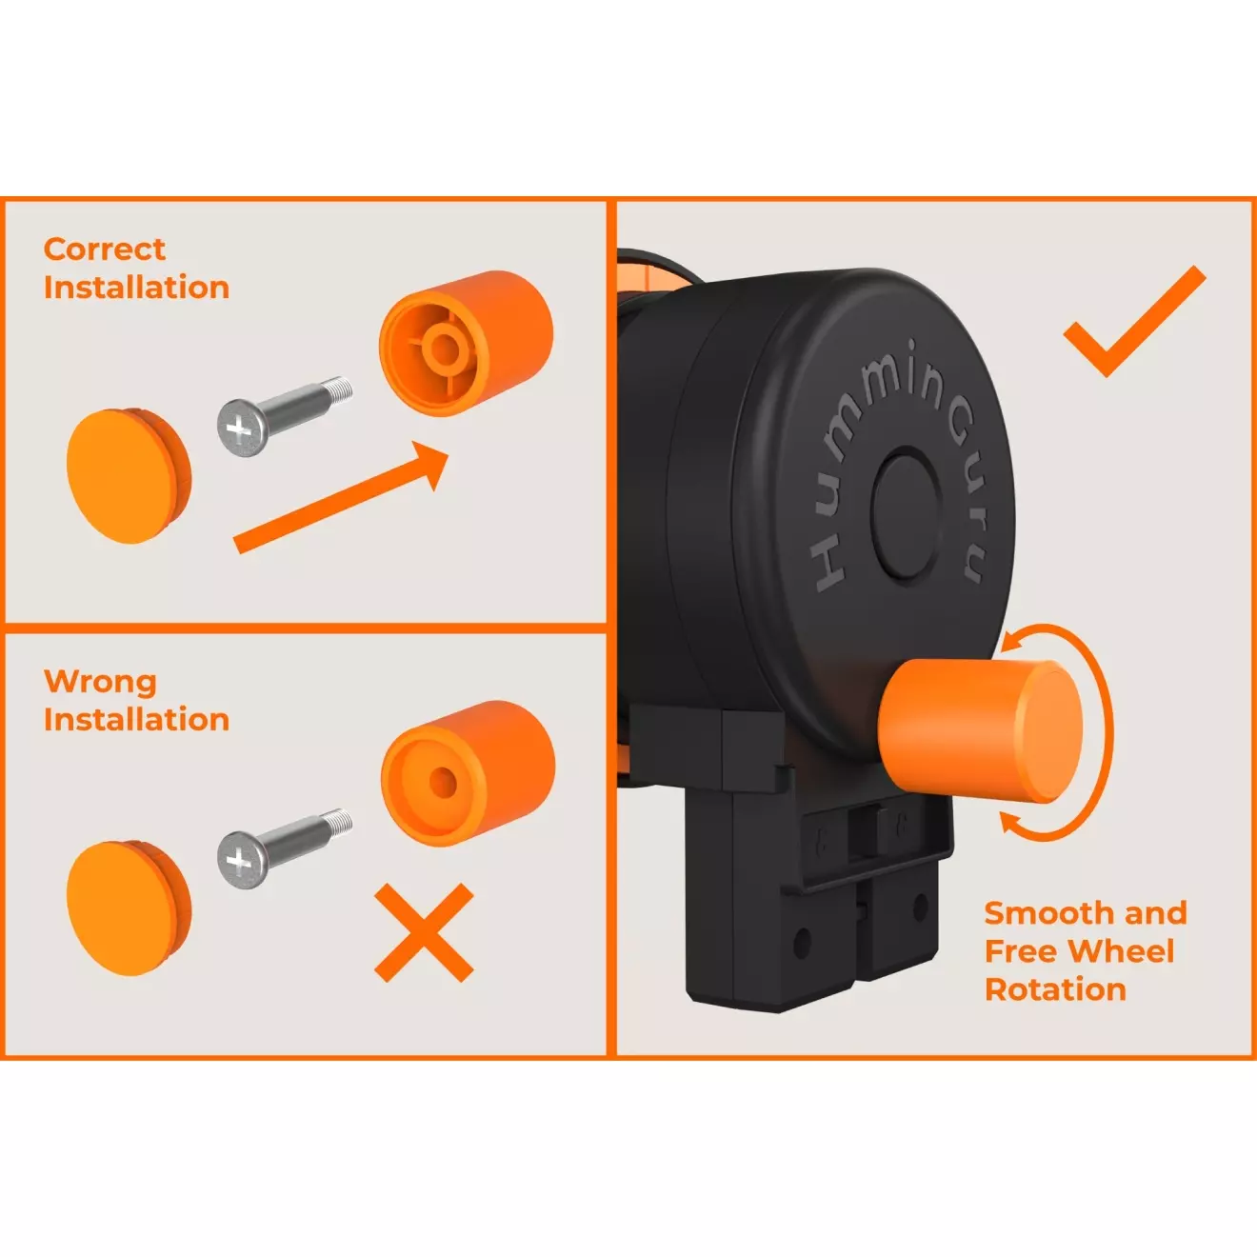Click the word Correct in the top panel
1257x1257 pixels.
pyautogui.click(x=105, y=249)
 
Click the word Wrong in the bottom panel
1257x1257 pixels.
pyautogui.click(x=100, y=682)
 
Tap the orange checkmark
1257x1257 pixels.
pyautogui.click(x=1134, y=321)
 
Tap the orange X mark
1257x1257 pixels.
pyautogui.click(x=424, y=932)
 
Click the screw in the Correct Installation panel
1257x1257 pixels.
pyautogui.click(x=285, y=415)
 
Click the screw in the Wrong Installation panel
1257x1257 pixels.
pyautogui.click(x=285, y=848)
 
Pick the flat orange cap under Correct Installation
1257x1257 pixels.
pyautogui.click(x=130, y=476)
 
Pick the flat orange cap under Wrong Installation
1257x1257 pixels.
pyautogui.click(x=130, y=908)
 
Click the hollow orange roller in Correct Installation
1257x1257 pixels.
pyautogui.click(x=467, y=344)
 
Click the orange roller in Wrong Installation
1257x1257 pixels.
pyautogui.click(x=468, y=774)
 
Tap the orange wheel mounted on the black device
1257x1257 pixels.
pyautogui.click(x=981, y=730)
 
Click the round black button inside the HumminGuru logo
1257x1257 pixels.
pyautogui.click(x=906, y=515)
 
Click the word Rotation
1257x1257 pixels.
pyautogui.click(x=1055, y=989)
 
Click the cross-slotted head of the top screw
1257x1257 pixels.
pyautogui.click(x=241, y=429)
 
